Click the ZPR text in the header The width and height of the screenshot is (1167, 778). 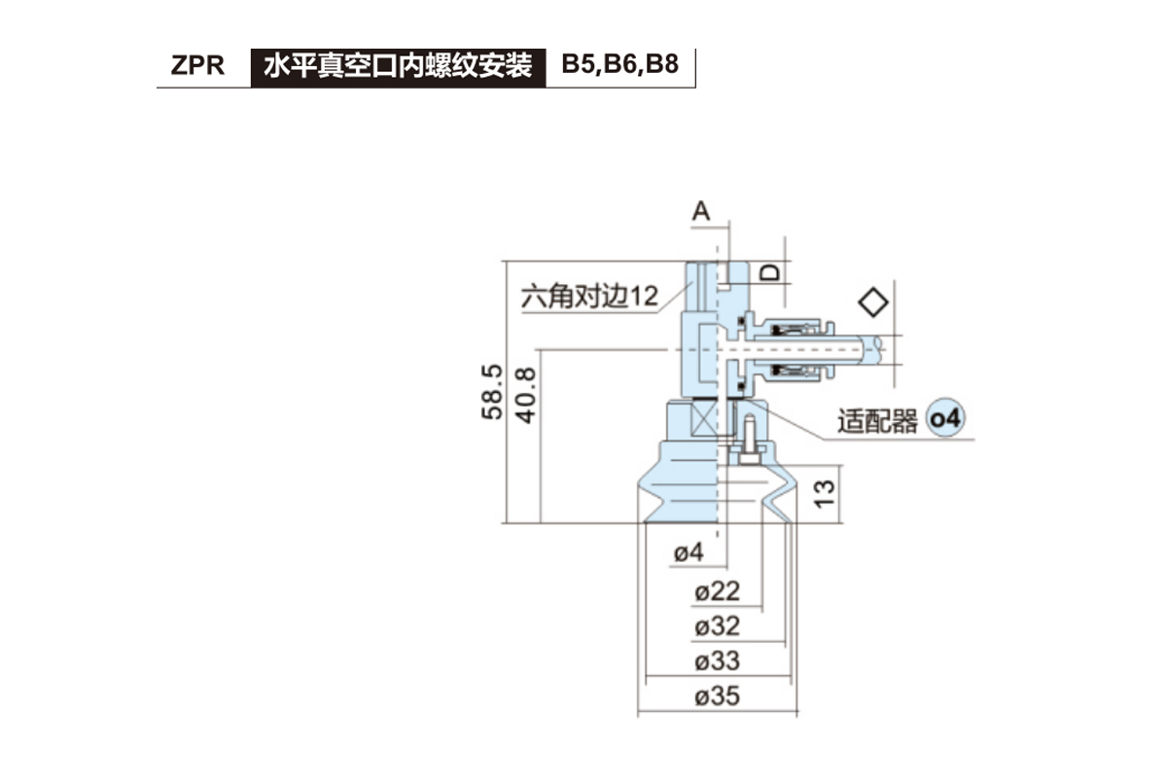pyautogui.click(x=197, y=66)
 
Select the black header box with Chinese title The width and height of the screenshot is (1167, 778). pyautogui.click(x=398, y=66)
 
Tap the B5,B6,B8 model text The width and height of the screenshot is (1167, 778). pyautogui.click(x=619, y=66)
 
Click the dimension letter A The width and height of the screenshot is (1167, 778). pyautogui.click(x=702, y=210)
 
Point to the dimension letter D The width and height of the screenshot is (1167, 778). pyautogui.click(x=770, y=273)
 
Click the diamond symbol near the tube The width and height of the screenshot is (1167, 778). pyautogui.click(x=875, y=301)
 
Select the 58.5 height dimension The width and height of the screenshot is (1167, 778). pyautogui.click(x=493, y=392)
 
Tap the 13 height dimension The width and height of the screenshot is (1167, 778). pyautogui.click(x=824, y=494)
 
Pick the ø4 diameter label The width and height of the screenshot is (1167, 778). pyautogui.click(x=689, y=553)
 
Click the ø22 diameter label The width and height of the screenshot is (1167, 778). pyautogui.click(x=718, y=590)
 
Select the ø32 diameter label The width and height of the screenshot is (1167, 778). pyautogui.click(x=718, y=625)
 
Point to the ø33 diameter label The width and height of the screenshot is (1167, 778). pyautogui.click(x=718, y=661)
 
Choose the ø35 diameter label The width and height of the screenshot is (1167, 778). pyautogui.click(x=718, y=696)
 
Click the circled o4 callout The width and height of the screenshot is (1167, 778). pyautogui.click(x=945, y=420)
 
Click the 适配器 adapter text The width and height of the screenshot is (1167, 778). pyautogui.click(x=877, y=422)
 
